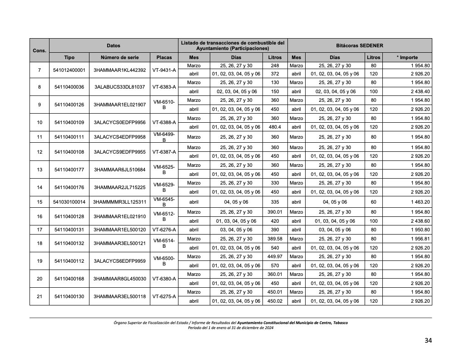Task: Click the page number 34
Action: (428, 340)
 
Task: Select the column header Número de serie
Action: (119, 58)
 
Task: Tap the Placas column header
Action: (164, 58)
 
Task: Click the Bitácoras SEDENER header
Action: (360, 46)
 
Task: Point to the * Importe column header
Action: (407, 58)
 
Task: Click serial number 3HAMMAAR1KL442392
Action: (119, 70)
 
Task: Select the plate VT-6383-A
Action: (164, 87)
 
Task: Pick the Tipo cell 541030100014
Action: (69, 202)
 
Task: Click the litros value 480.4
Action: (275, 127)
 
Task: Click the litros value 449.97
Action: (275, 256)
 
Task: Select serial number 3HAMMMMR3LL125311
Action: (119, 202)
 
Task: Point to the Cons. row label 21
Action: (40, 296)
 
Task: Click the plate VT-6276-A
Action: (164, 230)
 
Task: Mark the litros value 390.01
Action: (275, 212)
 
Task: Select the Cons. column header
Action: (40, 50)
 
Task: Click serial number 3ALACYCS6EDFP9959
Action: (119, 261)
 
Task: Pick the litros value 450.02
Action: (275, 301)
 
